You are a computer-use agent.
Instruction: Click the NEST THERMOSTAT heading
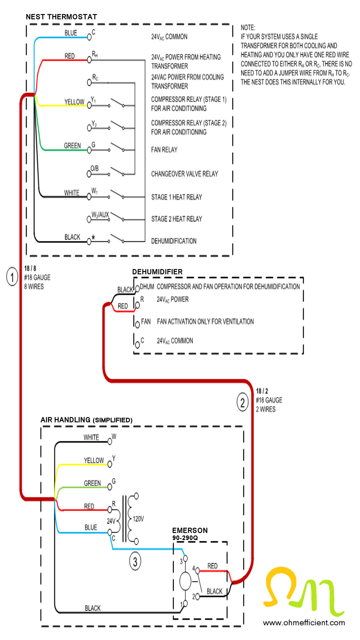(x=61, y=17)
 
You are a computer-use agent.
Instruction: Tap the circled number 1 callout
(x=12, y=277)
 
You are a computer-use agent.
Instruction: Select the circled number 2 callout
(x=243, y=403)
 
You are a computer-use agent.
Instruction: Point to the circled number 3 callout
(x=135, y=562)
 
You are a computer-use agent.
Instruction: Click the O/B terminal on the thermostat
(x=89, y=174)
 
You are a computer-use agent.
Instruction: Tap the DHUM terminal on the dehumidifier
(x=137, y=289)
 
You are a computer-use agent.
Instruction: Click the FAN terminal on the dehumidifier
(x=137, y=324)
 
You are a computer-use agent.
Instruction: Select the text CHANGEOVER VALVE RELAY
(x=185, y=174)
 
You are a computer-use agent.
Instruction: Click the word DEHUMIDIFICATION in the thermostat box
(x=174, y=241)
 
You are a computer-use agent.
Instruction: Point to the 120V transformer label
(x=138, y=519)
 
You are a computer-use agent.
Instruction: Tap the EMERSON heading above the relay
(x=190, y=530)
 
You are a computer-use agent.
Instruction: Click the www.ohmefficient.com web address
(x=304, y=623)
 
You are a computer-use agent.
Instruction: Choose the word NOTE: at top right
(x=248, y=27)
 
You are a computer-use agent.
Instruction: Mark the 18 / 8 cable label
(x=30, y=268)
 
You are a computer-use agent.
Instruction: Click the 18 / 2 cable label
(x=262, y=391)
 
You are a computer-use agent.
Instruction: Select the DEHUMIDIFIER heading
(x=157, y=272)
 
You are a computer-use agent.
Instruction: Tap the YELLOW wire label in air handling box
(x=94, y=460)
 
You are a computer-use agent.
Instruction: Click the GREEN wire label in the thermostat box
(x=72, y=146)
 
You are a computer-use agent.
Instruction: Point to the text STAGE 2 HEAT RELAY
(x=177, y=219)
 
